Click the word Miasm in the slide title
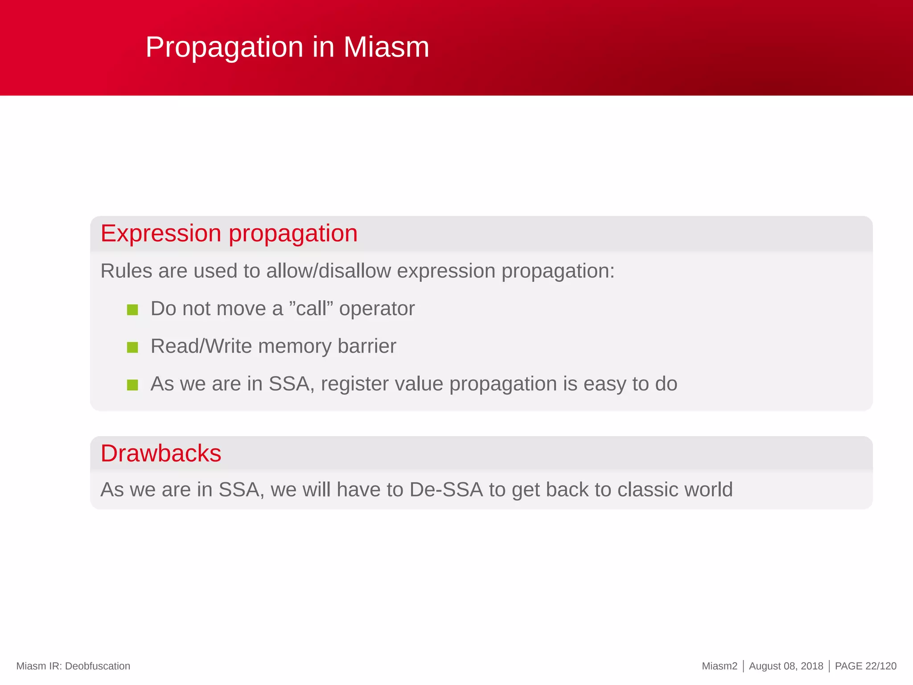[386, 47]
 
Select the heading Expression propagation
[229, 233]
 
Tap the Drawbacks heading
[161, 454]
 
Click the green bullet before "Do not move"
[132, 309]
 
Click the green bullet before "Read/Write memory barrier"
[132, 347]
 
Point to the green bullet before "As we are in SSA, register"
[132, 384]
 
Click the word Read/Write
[201, 347]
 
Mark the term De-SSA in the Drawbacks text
[446, 490]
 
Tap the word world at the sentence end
[708, 490]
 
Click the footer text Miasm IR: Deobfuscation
[73, 666]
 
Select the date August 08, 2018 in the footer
[786, 666]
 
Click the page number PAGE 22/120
[865, 666]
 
